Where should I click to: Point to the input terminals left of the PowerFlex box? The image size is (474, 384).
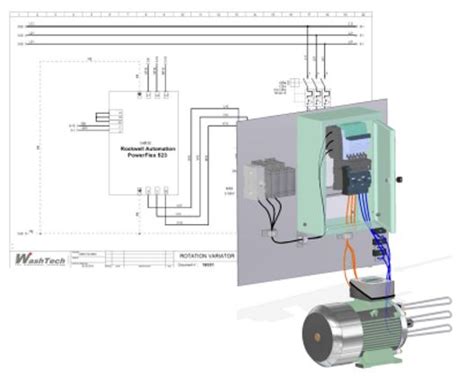pyautogui.click(x=101, y=119)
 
